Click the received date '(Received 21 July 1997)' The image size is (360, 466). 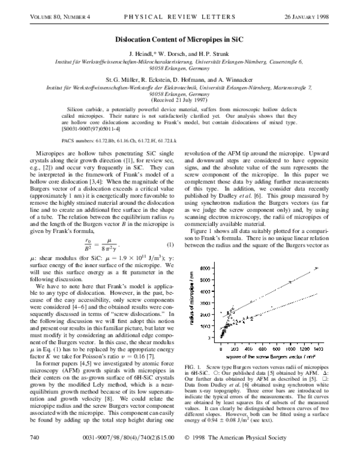(180, 116)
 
